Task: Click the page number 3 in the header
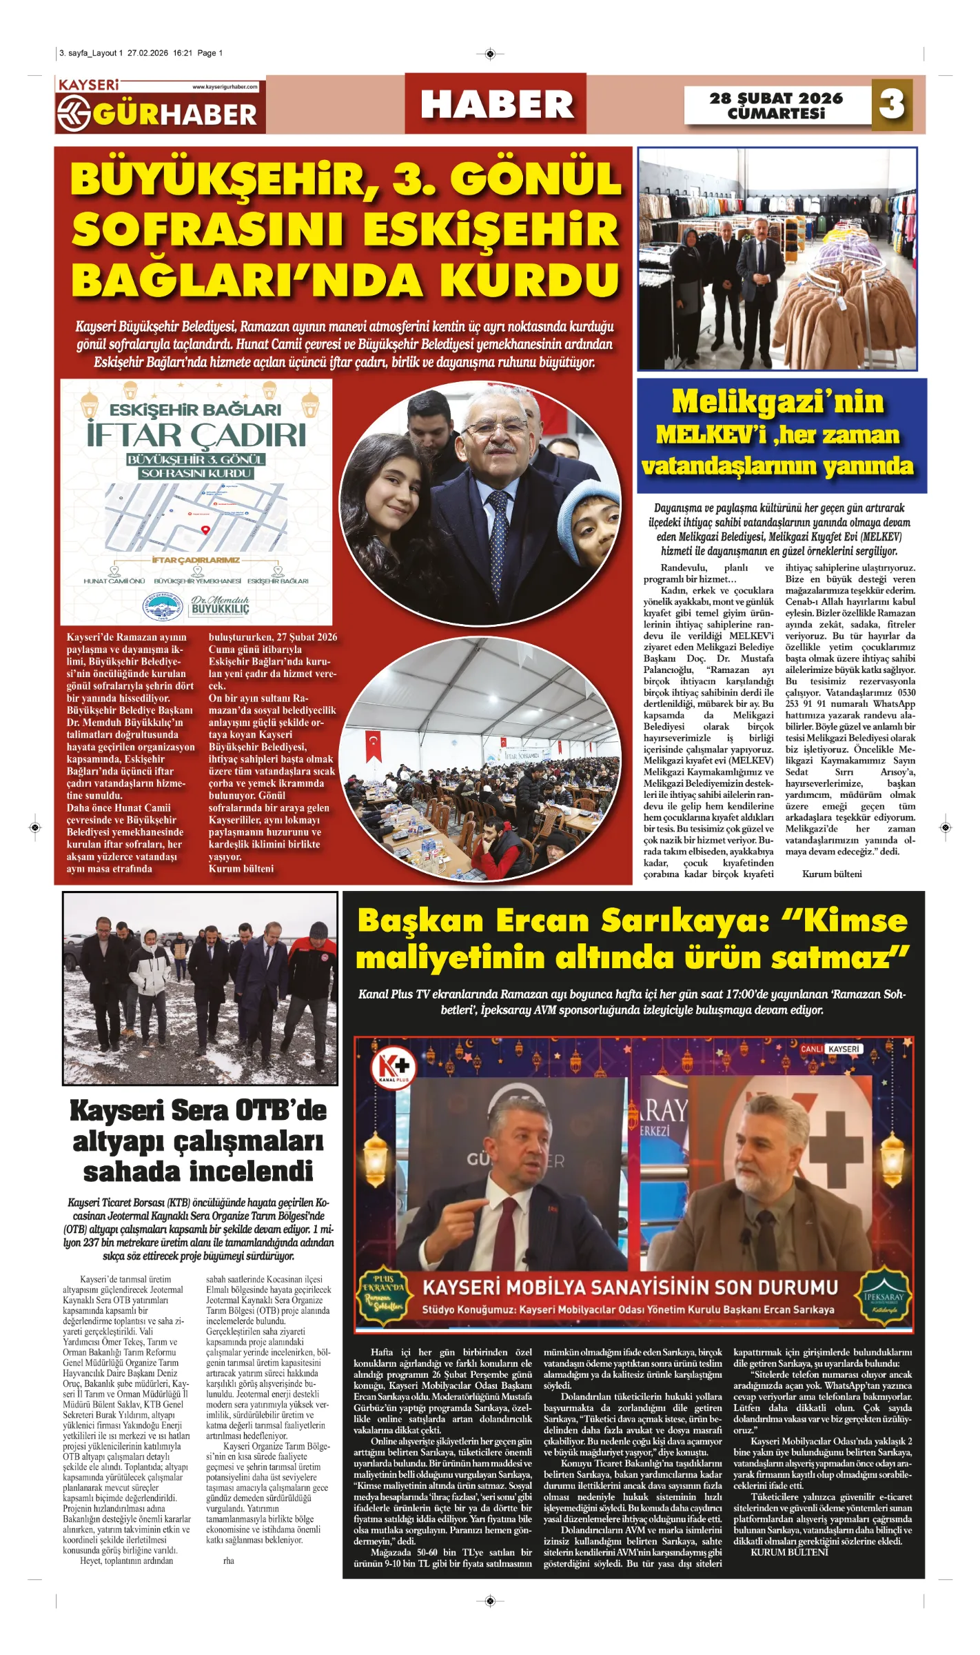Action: click(892, 105)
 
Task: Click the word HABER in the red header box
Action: click(496, 105)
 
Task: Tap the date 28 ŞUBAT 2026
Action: click(776, 99)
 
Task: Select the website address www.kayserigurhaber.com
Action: click(225, 87)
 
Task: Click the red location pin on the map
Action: click(205, 530)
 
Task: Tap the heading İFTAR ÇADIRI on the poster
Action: click(196, 435)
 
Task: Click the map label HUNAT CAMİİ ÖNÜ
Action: click(114, 581)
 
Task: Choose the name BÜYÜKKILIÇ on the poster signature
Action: click(220, 610)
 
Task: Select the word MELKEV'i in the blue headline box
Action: click(711, 435)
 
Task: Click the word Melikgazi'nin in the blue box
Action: click(777, 402)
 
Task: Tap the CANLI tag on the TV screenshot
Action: click(811, 1049)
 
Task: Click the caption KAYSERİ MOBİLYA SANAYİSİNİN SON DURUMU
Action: click(629, 1287)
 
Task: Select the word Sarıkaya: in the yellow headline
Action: click(685, 921)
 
